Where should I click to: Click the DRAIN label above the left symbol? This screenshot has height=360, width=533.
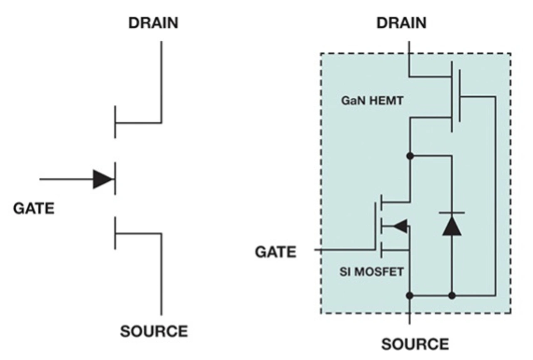pos(153,23)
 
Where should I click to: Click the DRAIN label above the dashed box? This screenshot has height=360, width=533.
pos(401,22)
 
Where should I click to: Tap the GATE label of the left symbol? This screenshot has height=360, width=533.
pos(34,208)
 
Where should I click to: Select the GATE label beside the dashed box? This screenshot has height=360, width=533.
pos(276,252)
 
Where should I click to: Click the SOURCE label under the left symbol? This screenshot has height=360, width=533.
pos(154,331)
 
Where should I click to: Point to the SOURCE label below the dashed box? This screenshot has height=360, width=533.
pos(415,344)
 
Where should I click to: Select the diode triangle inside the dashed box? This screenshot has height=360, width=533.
pos(452,227)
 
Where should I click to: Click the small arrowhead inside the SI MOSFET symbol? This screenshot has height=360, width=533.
pos(400,226)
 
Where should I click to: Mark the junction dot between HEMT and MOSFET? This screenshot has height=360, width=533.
pos(410,156)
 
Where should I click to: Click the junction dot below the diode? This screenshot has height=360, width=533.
pos(452,295)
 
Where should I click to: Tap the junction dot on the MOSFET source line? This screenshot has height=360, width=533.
pos(410,295)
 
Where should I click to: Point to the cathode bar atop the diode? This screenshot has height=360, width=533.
pos(452,213)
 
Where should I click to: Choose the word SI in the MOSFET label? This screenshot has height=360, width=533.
pos(344,272)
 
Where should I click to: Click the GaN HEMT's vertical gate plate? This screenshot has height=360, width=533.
pos(459,96)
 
